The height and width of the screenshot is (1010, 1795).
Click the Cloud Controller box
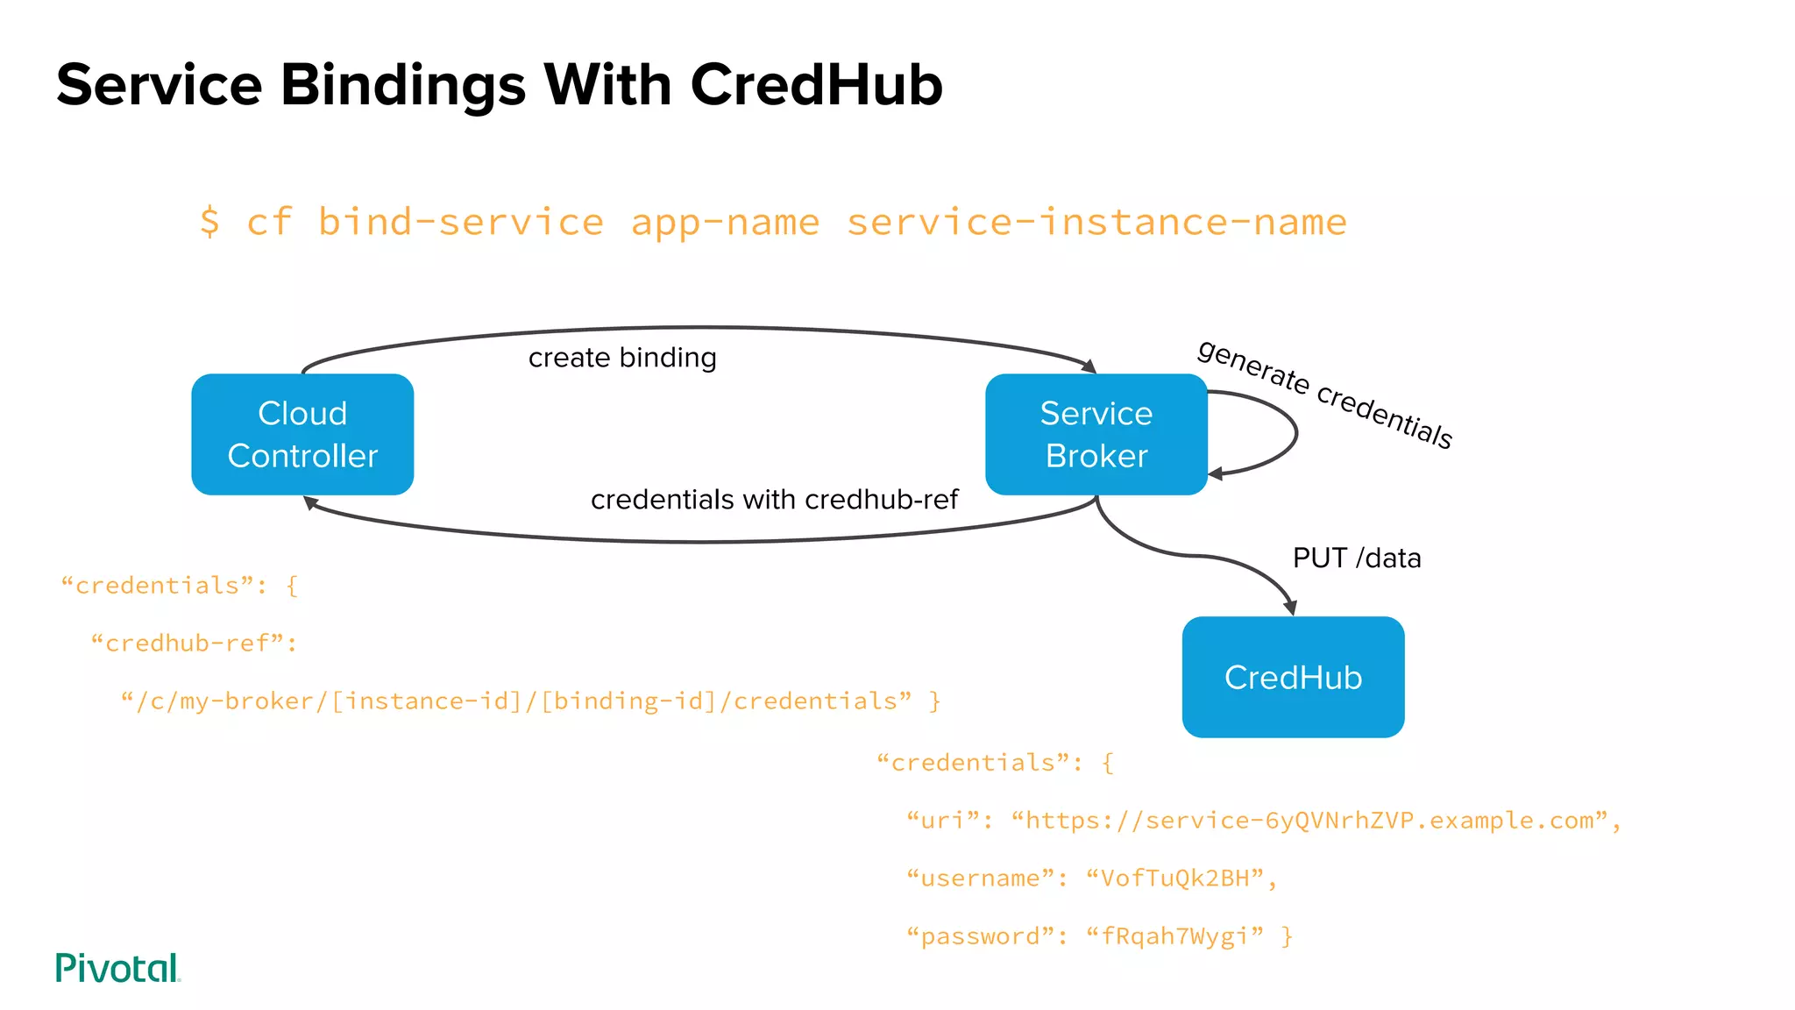point(302,434)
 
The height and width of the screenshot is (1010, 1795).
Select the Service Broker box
point(1096,434)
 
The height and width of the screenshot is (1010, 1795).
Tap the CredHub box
point(1293,677)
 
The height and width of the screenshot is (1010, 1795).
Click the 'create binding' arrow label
point(622,358)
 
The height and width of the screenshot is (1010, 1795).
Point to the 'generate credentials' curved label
point(1325,394)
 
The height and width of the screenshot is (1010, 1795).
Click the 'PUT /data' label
point(1357,558)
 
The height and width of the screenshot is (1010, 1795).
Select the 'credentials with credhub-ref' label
point(774,500)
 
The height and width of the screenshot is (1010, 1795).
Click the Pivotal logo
point(117,968)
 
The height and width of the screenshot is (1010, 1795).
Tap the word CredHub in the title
point(816,85)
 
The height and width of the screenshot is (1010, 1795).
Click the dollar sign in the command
point(209,222)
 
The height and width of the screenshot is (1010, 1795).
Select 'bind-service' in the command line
point(461,222)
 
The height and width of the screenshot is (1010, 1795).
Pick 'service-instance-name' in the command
point(1096,222)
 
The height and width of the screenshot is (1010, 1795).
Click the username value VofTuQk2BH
point(1174,878)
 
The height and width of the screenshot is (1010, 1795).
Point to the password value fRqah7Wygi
point(1174,936)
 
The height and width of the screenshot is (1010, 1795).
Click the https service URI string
point(1309,821)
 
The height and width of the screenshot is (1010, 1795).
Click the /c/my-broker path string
point(517,701)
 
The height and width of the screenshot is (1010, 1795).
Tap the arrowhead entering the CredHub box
point(1290,608)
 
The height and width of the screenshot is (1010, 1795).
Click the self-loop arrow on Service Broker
point(1295,432)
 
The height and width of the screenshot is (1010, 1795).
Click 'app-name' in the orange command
point(725,222)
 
